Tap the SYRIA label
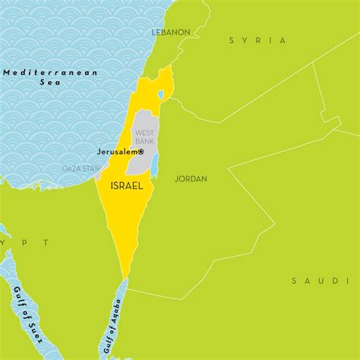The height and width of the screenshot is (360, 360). pyautogui.click(x=257, y=40)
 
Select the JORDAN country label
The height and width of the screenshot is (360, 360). pyautogui.click(x=191, y=179)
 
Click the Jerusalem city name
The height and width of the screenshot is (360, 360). pyautogui.click(x=118, y=152)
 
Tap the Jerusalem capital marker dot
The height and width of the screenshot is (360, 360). pyautogui.click(x=141, y=152)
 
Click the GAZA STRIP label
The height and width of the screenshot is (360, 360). pyautogui.click(x=81, y=169)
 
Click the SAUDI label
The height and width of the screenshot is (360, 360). pyautogui.click(x=314, y=281)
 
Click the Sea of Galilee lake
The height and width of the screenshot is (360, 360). pyautogui.click(x=160, y=96)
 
